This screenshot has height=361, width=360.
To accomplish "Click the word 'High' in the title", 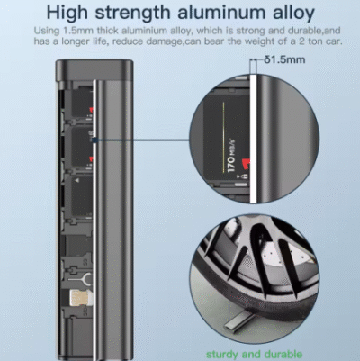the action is [67, 13].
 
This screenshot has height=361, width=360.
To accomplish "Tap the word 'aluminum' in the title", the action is [221, 13].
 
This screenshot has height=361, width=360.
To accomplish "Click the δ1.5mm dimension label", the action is [284, 59].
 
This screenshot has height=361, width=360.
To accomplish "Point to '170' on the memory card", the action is [230, 164].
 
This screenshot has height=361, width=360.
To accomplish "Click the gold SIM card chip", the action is [78, 297].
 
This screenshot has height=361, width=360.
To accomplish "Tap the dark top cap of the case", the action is [94, 70].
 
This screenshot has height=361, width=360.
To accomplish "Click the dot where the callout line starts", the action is [94, 140].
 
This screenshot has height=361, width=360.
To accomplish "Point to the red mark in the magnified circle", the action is [246, 164].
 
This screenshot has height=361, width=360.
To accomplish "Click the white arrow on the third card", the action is [77, 180].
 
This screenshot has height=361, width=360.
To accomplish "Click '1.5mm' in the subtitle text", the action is [78, 31].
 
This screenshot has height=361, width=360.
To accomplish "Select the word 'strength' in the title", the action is [132, 13].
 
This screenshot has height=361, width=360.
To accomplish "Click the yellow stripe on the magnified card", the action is [224, 137].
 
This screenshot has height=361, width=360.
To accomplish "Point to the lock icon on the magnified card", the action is [245, 176].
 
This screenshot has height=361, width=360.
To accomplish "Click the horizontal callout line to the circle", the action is [143, 140].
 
